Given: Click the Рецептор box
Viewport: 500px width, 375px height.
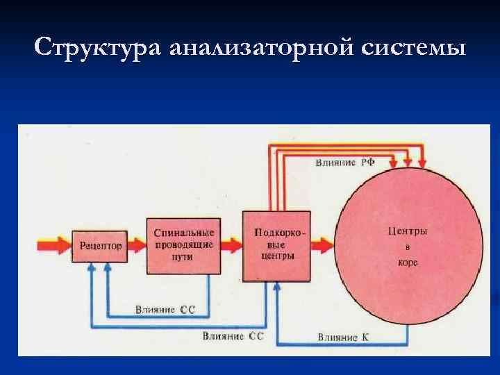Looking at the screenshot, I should (101, 245).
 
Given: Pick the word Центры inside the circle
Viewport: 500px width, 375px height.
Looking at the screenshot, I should (407, 231).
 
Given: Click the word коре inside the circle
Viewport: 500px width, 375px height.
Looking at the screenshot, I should (408, 263).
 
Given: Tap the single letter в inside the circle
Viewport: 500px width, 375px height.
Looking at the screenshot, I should (408, 247).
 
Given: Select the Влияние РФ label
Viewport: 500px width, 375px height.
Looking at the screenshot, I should (345, 162).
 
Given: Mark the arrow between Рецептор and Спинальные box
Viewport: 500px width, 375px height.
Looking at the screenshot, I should (137, 245).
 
